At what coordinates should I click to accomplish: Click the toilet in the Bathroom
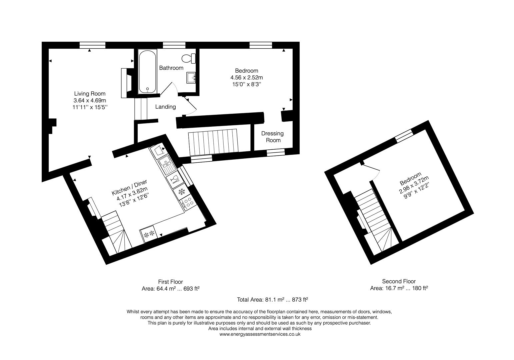189,59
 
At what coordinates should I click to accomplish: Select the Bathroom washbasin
191,78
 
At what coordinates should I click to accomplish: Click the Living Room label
90,94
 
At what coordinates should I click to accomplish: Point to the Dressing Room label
273,137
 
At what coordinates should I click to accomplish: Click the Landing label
165,107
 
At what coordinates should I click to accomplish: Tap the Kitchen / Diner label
129,187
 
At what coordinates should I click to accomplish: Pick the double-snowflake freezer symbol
148,234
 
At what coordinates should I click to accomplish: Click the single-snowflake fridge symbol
182,192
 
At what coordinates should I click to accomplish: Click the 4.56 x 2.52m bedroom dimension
247,78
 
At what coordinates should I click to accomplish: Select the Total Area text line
272,299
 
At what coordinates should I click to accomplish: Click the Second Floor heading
399,281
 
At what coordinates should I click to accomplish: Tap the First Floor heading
170,282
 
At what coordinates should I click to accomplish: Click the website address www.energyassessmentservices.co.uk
260,334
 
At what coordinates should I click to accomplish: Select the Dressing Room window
275,152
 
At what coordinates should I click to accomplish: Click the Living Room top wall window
92,45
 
